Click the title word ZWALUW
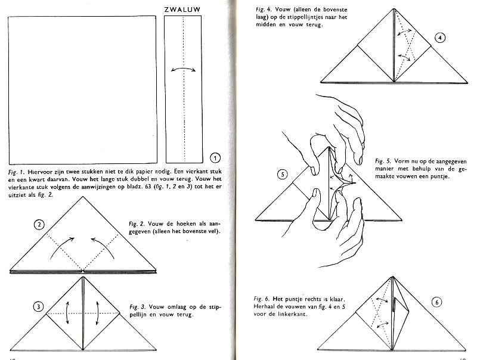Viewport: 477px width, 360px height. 182,10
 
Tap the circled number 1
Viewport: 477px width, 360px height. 215,158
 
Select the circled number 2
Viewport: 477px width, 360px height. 39,225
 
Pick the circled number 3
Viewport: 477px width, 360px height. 38,306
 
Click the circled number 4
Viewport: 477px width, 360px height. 440,38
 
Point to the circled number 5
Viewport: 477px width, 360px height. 283,174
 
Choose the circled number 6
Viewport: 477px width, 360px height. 437,302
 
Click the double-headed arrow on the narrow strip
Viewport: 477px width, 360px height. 183,69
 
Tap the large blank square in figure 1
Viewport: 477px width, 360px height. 82,90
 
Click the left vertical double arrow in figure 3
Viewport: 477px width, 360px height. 67,313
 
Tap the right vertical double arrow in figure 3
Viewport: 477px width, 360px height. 98,313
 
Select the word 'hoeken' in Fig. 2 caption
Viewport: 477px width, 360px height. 186,224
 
